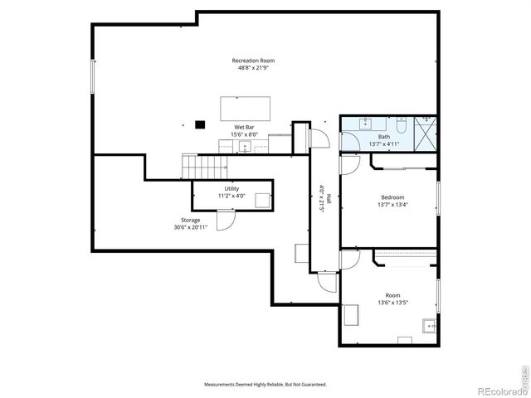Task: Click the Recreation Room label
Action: click(253, 61)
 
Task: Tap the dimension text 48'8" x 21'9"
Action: click(253, 68)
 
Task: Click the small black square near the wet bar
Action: click(199, 125)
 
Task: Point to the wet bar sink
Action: click(244, 147)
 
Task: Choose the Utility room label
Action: click(231, 189)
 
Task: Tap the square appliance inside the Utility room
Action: click(262, 199)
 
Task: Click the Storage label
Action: click(190, 220)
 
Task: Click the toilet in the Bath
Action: click(400, 125)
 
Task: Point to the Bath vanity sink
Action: click(366, 124)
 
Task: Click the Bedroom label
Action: click(387, 197)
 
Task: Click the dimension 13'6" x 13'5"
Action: click(392, 303)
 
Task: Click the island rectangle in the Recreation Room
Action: click(245, 109)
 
